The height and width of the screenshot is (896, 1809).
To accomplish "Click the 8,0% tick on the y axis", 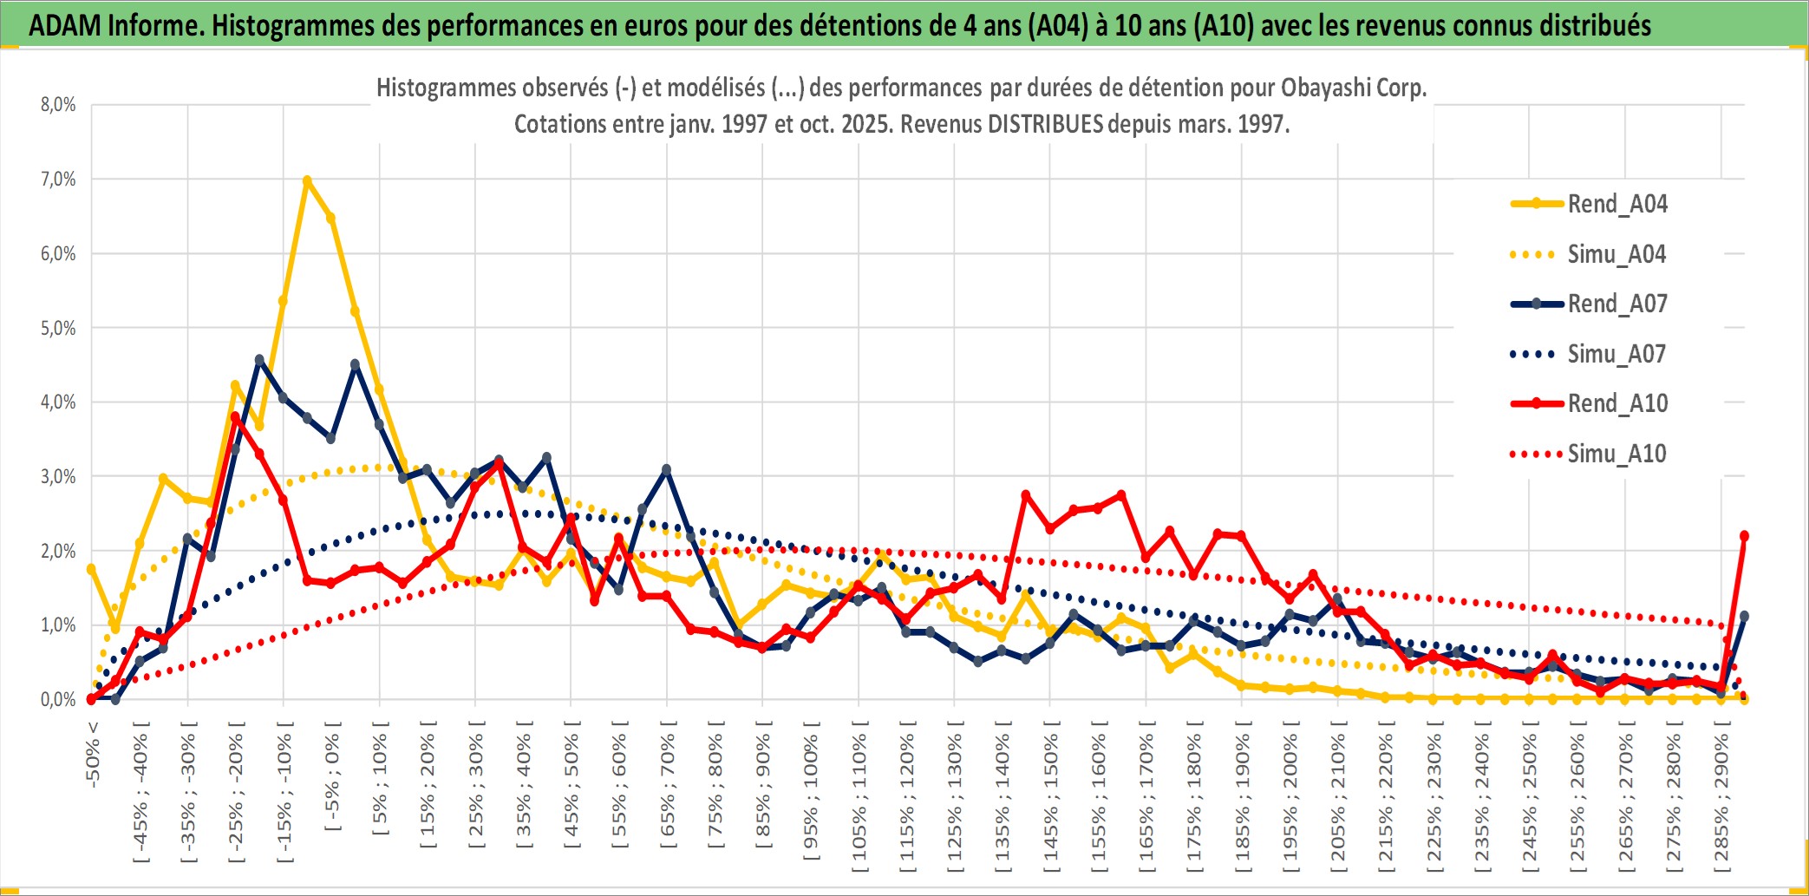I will (x=58, y=105).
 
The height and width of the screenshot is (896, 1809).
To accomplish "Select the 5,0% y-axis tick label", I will (x=58, y=329).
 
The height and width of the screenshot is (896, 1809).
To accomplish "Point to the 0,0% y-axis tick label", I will (x=58, y=700).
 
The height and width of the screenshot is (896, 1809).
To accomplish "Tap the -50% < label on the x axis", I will (x=93, y=753).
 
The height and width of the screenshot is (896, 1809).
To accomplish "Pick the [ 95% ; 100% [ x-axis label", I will (x=811, y=797).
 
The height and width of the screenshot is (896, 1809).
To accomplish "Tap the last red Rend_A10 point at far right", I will (x=1744, y=536).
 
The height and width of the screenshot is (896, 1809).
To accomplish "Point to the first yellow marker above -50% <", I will (x=91, y=569).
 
